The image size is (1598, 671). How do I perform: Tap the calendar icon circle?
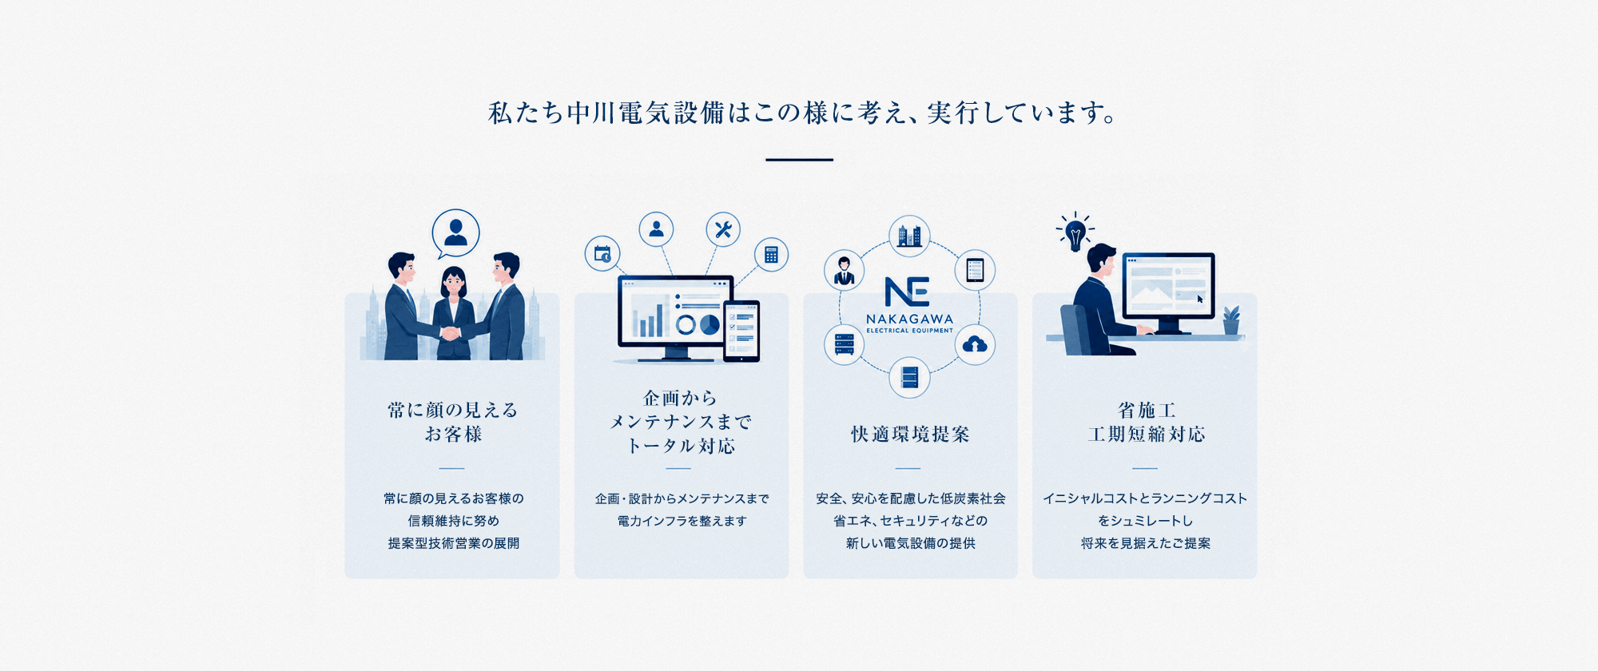tap(602, 254)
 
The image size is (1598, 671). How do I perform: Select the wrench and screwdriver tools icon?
tap(723, 230)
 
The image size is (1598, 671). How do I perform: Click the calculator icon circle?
tap(771, 255)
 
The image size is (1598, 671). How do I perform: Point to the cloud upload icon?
tap(975, 344)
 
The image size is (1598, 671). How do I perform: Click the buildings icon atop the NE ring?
tap(909, 236)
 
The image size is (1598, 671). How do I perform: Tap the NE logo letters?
tap(908, 292)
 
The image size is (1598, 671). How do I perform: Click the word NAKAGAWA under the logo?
tap(909, 319)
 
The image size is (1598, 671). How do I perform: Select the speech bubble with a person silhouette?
tap(455, 233)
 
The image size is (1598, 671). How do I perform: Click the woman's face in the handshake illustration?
tap(454, 282)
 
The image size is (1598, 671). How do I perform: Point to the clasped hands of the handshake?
tap(451, 332)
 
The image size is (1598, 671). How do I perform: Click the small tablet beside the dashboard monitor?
tap(741, 331)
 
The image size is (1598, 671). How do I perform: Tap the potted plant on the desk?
tap(1231, 320)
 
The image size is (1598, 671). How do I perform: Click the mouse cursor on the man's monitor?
tap(1200, 300)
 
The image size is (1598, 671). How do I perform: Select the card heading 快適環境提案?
tap(910, 435)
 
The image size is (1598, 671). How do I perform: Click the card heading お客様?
tap(453, 435)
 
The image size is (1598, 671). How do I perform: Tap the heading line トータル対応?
tap(681, 446)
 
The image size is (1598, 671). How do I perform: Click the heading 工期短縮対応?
tap(1147, 435)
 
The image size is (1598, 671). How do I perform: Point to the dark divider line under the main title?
tap(799, 160)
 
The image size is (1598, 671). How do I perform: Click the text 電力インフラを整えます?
tap(682, 521)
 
